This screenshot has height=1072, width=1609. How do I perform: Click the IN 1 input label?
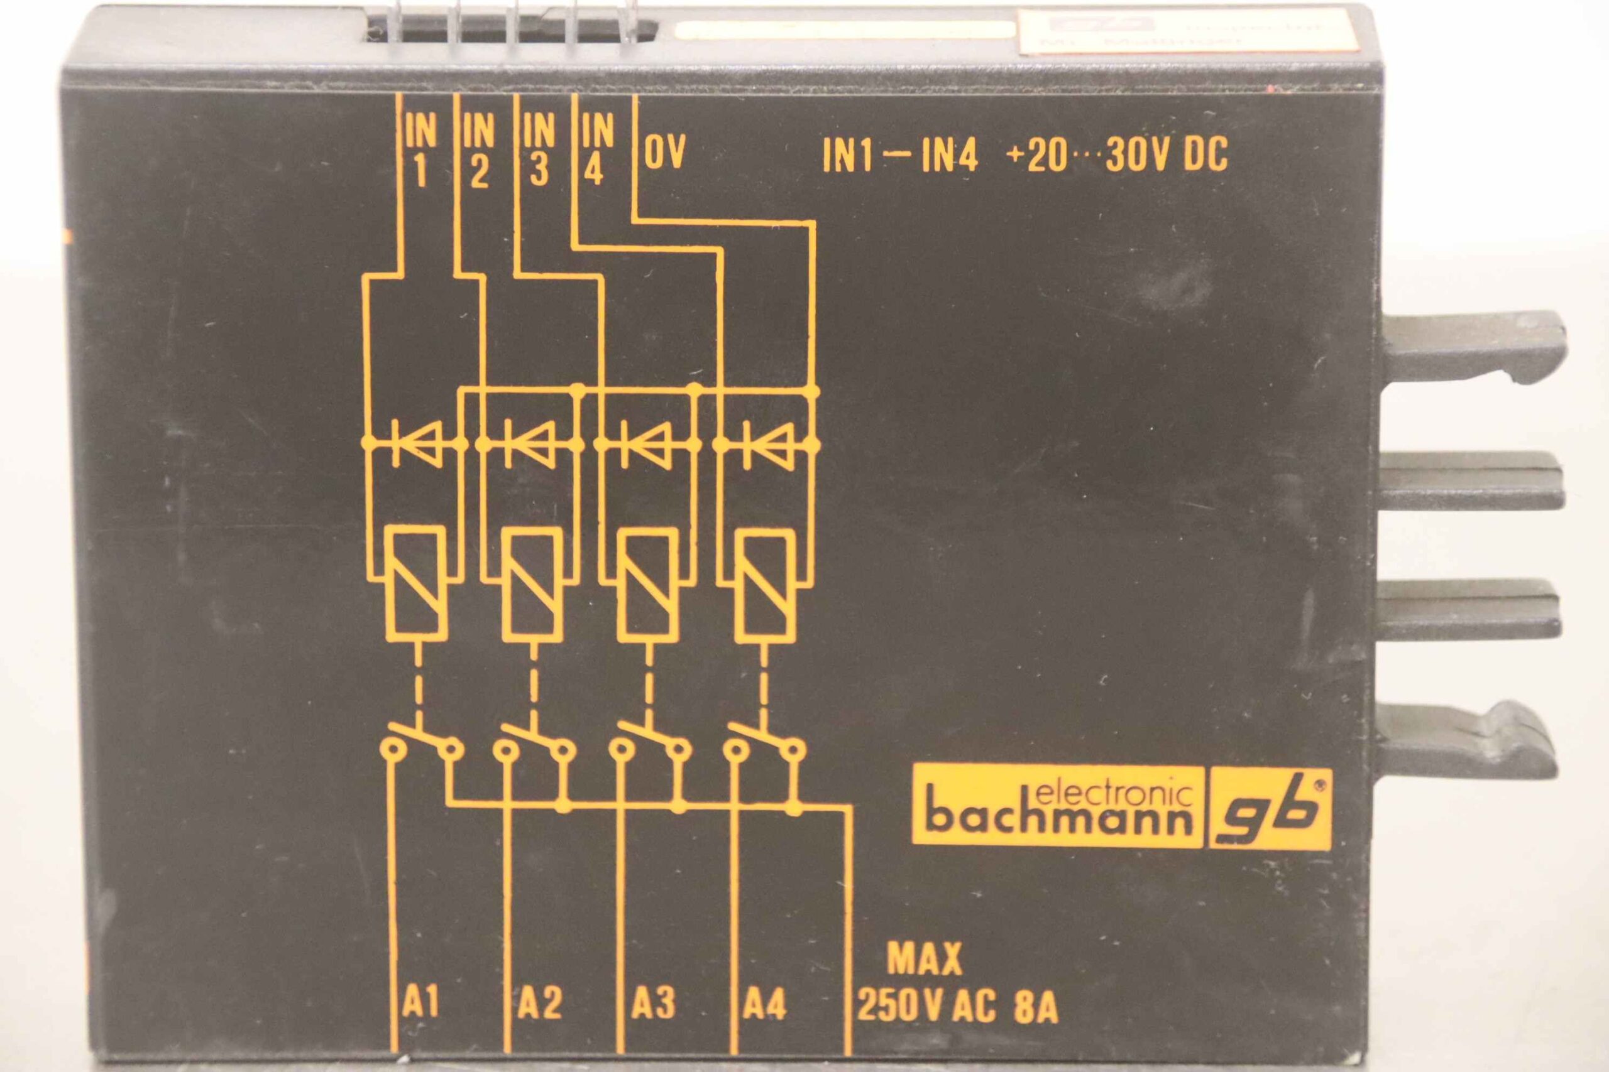420,151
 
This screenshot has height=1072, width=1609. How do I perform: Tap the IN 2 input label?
478,151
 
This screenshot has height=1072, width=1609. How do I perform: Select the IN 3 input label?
539,151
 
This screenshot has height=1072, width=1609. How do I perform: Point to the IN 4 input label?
596,151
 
